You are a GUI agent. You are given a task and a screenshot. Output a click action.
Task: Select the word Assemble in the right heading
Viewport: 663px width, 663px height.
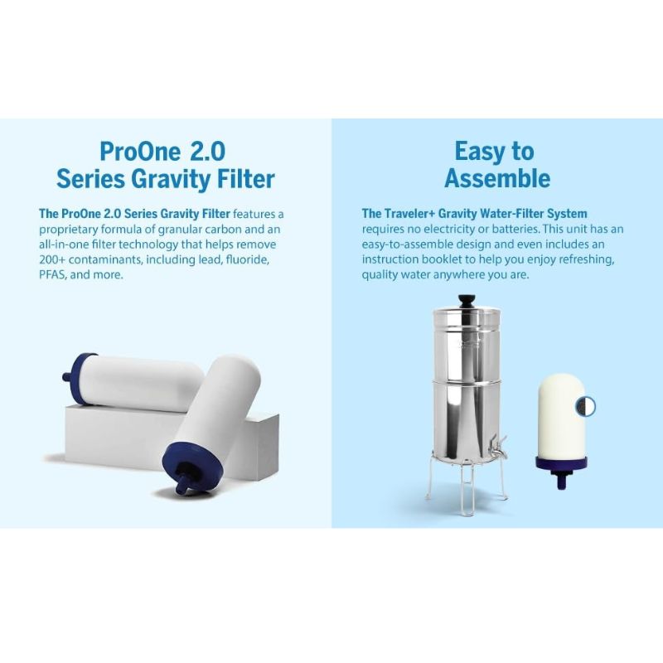[496, 178]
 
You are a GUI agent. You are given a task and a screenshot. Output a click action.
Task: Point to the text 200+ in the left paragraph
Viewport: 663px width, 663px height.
[54, 259]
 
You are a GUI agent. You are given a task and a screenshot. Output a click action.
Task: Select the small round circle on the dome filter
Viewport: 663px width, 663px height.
[586, 406]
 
